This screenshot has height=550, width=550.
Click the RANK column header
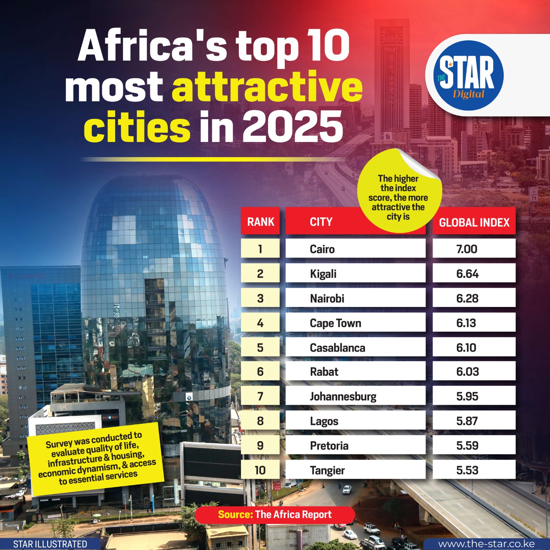(x=261, y=222)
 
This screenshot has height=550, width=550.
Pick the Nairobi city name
(x=327, y=298)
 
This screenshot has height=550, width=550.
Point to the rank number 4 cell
(x=260, y=323)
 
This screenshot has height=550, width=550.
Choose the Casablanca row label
(x=337, y=348)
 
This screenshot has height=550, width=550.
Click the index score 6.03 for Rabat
(x=467, y=372)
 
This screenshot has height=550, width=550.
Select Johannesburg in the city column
(x=343, y=396)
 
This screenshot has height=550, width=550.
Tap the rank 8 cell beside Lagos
(x=260, y=421)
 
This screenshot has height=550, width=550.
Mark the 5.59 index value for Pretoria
(x=467, y=445)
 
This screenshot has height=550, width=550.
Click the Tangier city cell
(x=327, y=470)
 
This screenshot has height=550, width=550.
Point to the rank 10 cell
(x=260, y=470)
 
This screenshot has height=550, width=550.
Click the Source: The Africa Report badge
(x=275, y=515)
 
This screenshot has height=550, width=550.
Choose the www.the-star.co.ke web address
(x=486, y=544)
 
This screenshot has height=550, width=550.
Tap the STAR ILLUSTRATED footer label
(x=50, y=544)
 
